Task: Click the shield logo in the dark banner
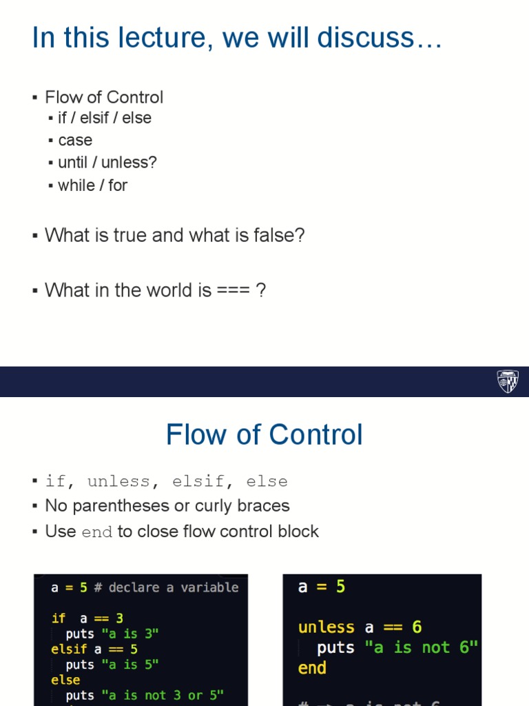508,381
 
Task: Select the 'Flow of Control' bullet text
104,97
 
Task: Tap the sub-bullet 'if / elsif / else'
105,118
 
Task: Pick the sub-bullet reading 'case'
75,141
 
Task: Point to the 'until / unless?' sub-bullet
107,163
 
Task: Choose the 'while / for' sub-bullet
93,185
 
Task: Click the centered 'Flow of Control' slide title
264,435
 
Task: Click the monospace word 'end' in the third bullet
96,532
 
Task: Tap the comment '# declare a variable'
166,587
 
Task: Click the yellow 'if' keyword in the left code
59,618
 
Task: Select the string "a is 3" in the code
130,634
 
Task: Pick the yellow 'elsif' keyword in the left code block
69,649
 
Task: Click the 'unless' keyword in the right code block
326,627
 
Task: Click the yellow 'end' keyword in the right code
312,668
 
